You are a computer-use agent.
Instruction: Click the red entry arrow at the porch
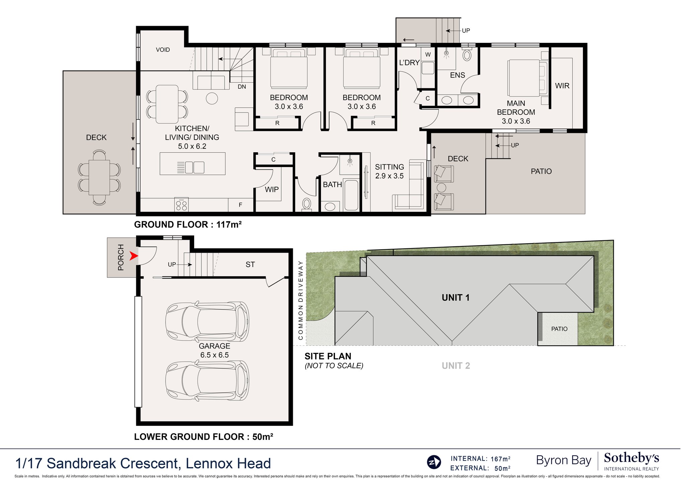(x=134, y=256)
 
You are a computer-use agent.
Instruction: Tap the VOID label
(x=163, y=50)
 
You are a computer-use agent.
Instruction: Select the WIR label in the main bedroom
(x=562, y=86)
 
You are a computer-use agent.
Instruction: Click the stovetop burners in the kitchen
(x=181, y=205)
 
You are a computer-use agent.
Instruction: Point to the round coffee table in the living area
(x=212, y=98)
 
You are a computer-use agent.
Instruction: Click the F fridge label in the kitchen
(x=240, y=205)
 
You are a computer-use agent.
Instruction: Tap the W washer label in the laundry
(x=428, y=55)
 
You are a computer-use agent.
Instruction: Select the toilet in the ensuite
(x=467, y=55)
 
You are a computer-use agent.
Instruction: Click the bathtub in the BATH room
(x=351, y=195)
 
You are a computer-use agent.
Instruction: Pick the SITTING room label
(x=390, y=167)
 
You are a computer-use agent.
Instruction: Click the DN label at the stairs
(x=242, y=87)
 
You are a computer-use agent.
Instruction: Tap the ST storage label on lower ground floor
(x=250, y=264)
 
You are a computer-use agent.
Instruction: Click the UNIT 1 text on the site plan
(x=456, y=298)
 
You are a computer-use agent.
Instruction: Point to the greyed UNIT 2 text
(x=456, y=366)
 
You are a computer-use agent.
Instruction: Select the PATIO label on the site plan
(x=559, y=329)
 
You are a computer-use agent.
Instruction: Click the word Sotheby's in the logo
(x=631, y=458)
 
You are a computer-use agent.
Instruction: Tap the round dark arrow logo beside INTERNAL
(x=434, y=462)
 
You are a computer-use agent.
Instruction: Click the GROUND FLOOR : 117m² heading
(x=188, y=224)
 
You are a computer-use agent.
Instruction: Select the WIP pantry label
(x=272, y=189)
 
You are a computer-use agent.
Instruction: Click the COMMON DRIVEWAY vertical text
(x=301, y=300)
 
